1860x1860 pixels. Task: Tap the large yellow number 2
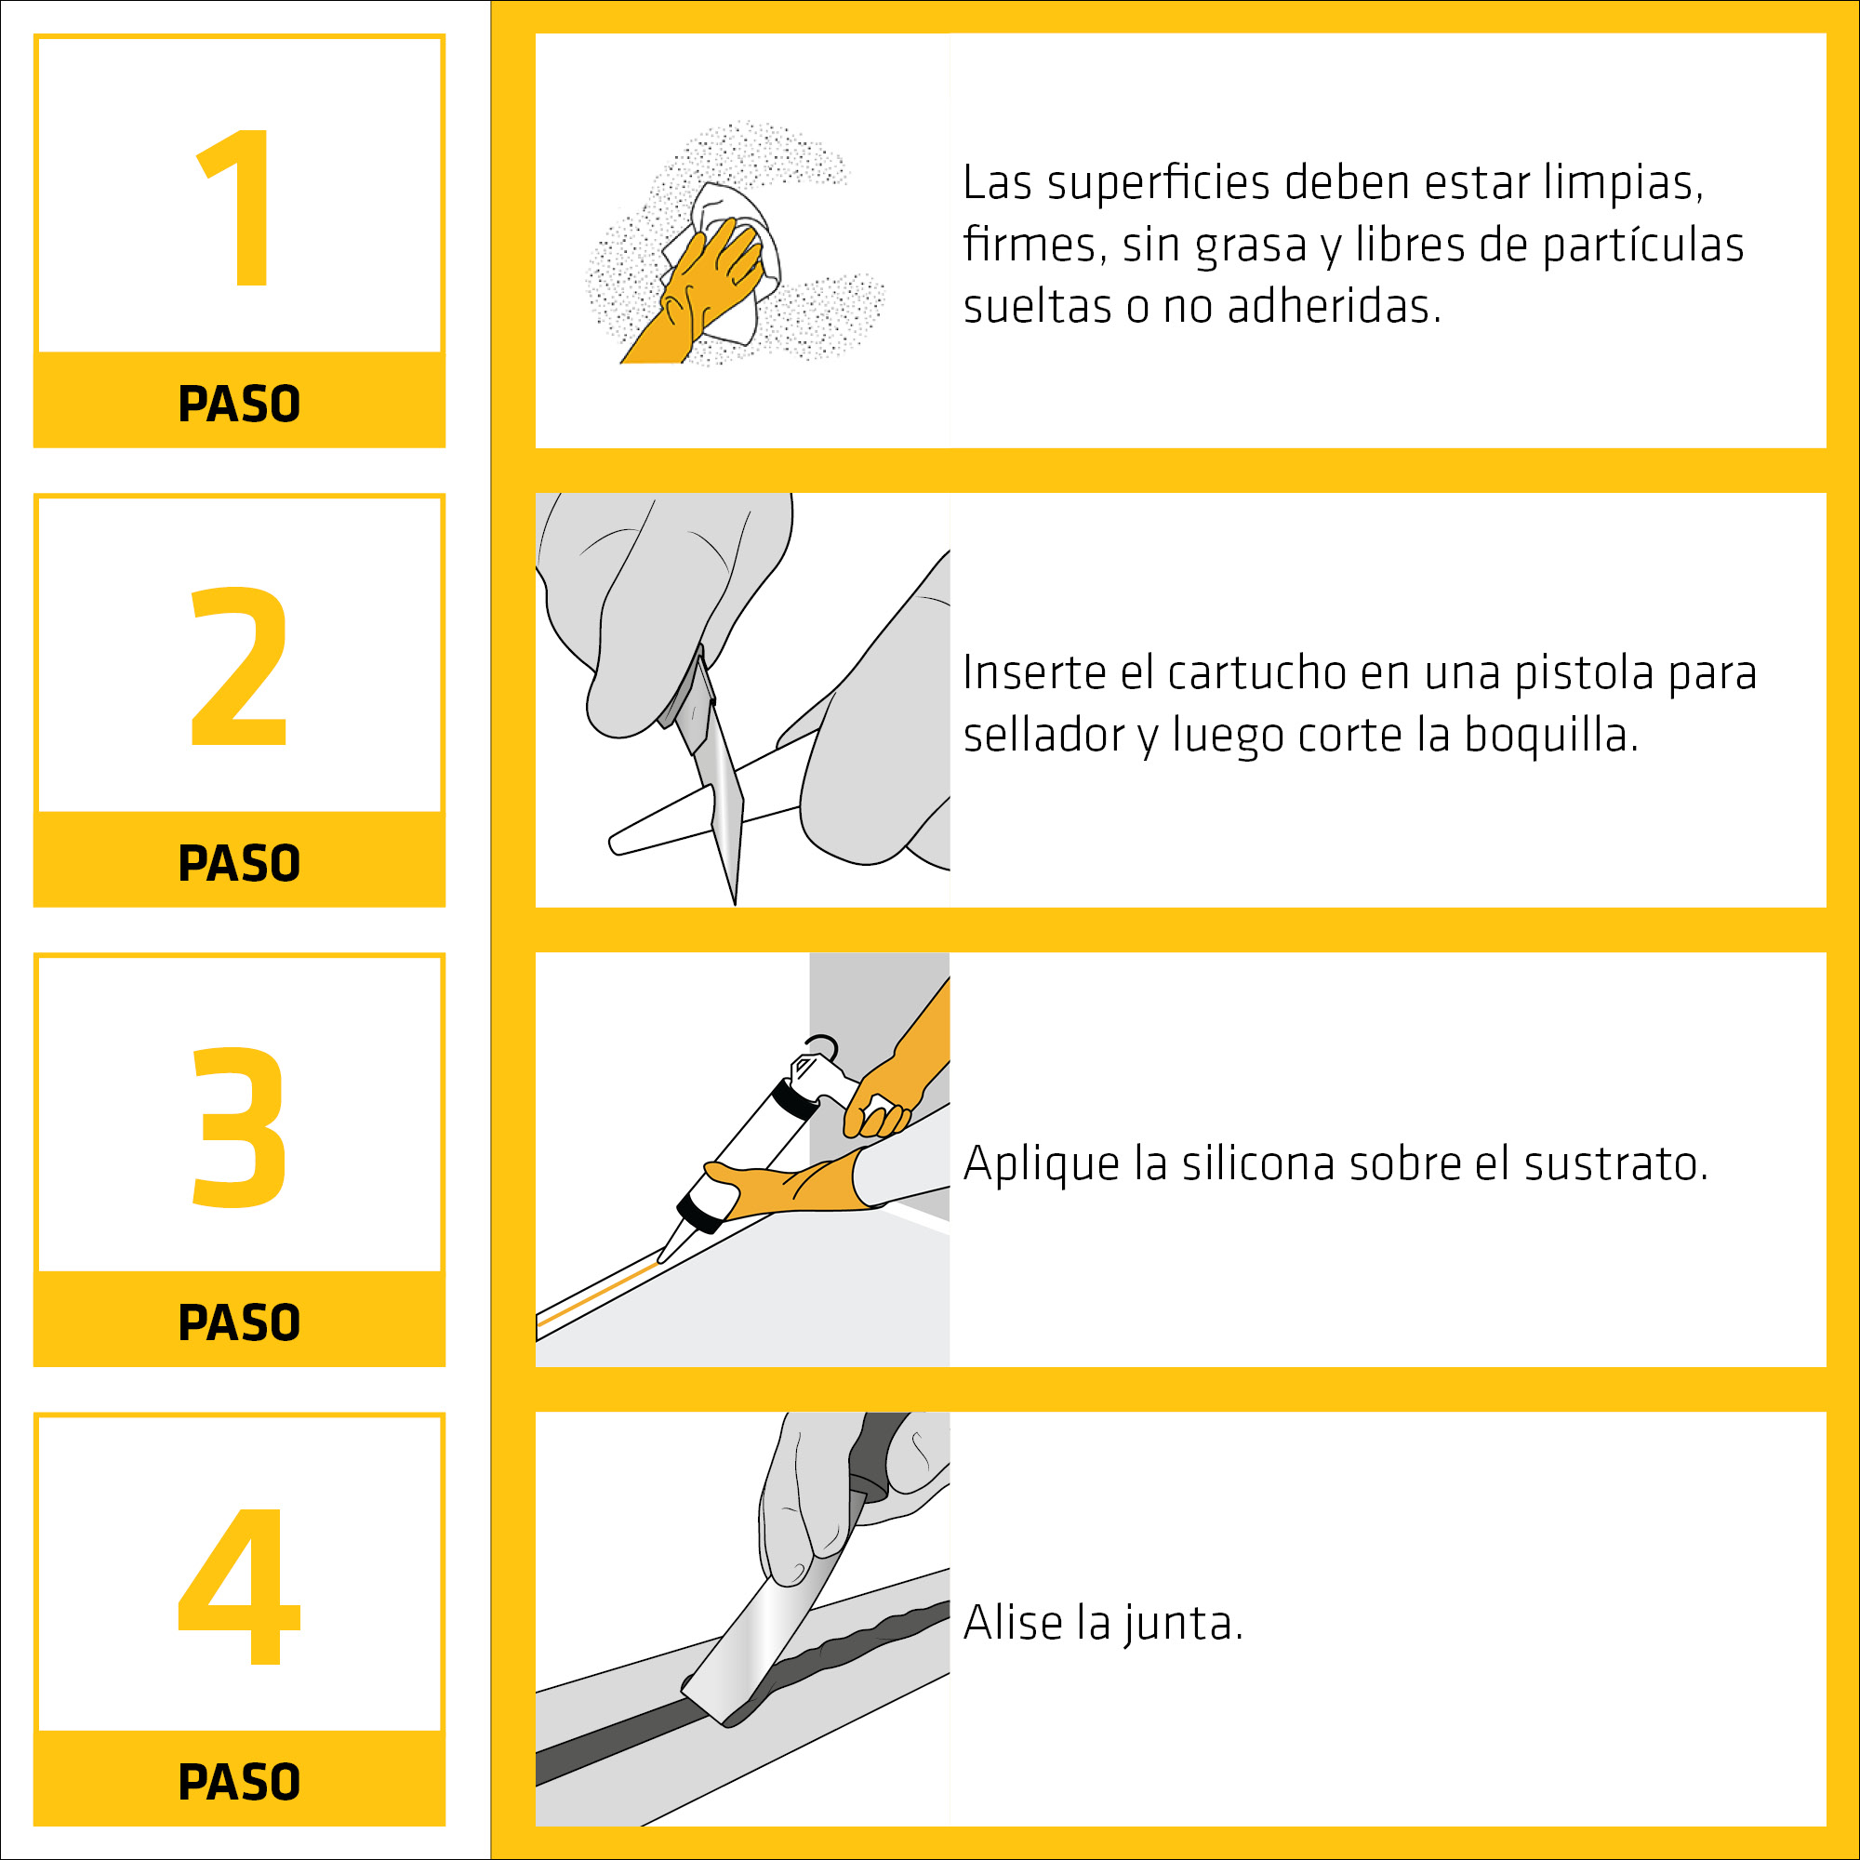coord(240,665)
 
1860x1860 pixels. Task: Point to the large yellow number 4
coord(240,1585)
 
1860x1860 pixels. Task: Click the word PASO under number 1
coord(240,404)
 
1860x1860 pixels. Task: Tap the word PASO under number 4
coord(240,1781)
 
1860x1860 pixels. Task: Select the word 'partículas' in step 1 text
coord(1643,246)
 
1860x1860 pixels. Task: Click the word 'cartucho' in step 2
coord(1256,673)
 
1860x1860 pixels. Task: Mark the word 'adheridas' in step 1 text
coord(1334,306)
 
